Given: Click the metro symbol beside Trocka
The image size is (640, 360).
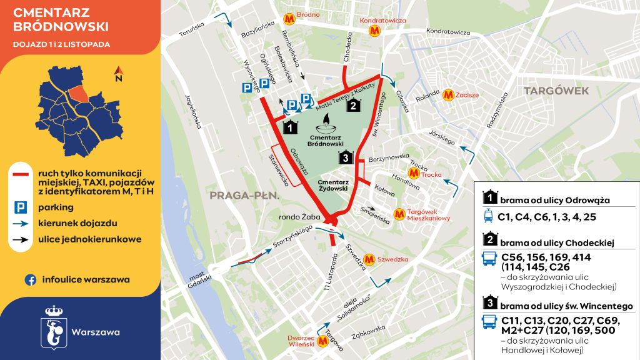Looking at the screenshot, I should point(412,173).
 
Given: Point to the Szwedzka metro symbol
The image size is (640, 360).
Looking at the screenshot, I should point(369,257).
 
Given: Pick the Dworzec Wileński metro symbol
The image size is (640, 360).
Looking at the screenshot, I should point(323,341).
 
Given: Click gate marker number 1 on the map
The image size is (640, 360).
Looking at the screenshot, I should point(289,127).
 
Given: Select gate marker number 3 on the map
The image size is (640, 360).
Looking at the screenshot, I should point(346,158).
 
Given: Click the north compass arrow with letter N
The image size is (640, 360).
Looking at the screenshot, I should point(117,75).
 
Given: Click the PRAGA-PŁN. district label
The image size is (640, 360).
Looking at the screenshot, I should point(242,195).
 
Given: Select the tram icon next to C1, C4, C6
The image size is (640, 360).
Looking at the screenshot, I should point(487,217).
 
